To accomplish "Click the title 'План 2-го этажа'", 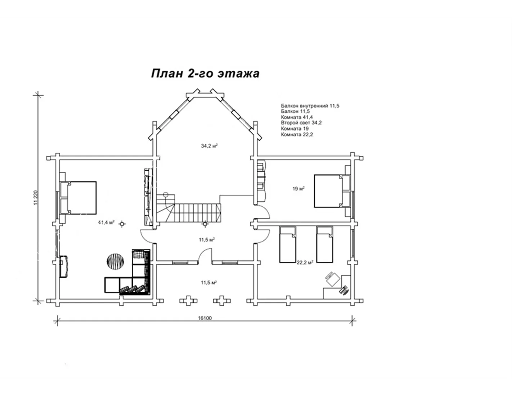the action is [x=205, y=73].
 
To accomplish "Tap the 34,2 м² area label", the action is [x=209, y=146].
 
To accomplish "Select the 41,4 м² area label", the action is [x=106, y=222].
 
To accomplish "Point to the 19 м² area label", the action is [x=298, y=188].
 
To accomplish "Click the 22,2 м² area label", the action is [x=305, y=263].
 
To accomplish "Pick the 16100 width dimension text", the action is [x=205, y=318].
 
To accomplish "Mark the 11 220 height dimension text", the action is [x=36, y=197].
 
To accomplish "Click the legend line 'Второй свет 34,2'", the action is [x=301, y=123].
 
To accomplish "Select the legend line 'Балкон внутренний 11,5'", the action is [x=310, y=106].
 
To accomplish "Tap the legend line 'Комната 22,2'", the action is [x=297, y=135].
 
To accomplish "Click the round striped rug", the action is [x=115, y=261].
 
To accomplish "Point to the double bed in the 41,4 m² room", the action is [x=78, y=198].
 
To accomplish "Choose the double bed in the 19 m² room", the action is [x=332, y=191].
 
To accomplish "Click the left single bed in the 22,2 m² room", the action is [x=287, y=244].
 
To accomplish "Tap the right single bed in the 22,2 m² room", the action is [x=325, y=244].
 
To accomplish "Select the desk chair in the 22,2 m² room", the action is [x=332, y=279].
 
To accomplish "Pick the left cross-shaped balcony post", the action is [x=188, y=301].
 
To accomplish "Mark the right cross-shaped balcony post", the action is [x=222, y=301].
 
